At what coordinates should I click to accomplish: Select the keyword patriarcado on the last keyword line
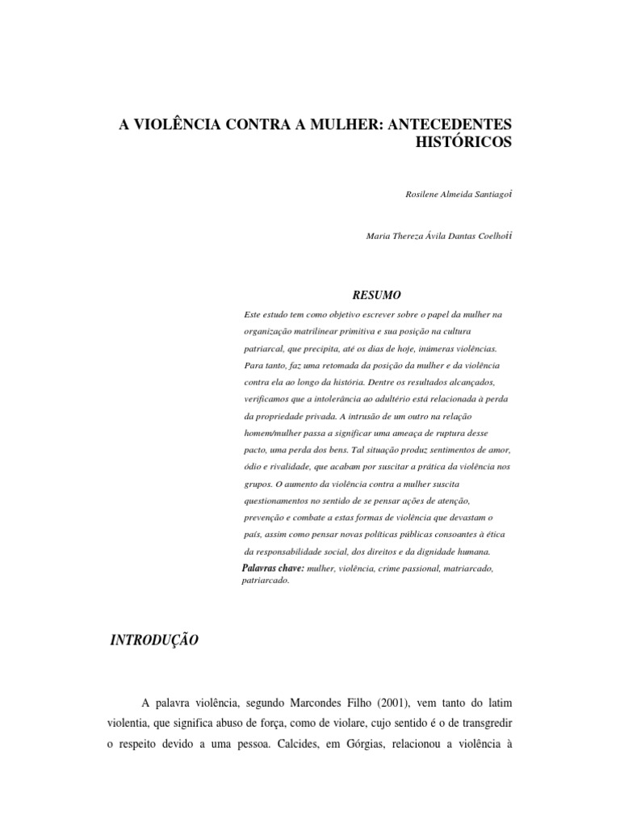click(265, 581)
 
